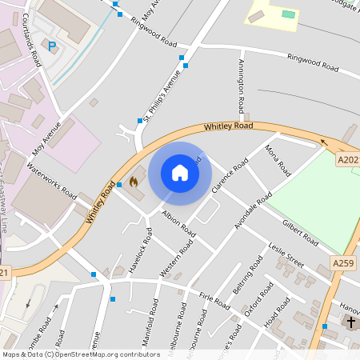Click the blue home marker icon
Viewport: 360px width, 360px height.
tap(180, 173)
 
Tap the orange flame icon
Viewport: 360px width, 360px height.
tap(133, 182)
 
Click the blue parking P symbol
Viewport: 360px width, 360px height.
tap(53, 47)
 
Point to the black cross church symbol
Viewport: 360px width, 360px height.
tap(350, 321)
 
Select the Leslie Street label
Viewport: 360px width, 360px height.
tap(287, 254)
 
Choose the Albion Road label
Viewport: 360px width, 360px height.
tap(178, 222)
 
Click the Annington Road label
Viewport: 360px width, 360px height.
tap(240, 87)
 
